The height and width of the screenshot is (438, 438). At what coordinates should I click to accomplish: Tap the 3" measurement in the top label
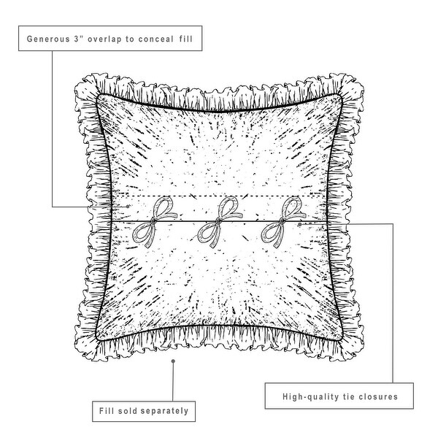click(81, 37)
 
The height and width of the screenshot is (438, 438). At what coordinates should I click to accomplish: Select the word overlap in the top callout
click(109, 37)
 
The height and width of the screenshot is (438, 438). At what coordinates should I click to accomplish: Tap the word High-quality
click(310, 398)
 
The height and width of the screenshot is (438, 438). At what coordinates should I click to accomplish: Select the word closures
click(377, 398)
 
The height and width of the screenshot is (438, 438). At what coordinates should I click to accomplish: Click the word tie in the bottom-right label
click(347, 398)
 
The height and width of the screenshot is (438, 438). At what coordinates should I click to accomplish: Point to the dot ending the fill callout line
click(173, 360)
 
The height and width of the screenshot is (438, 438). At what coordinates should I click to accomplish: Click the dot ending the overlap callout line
click(129, 207)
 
